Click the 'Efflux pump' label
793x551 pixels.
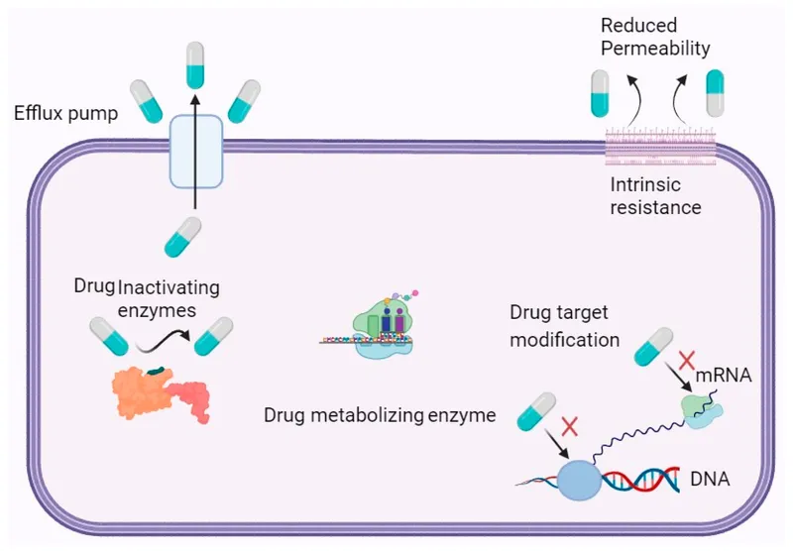tap(66, 113)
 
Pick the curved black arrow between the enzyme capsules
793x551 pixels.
tap(162, 343)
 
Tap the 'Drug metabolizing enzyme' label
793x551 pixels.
tap(380, 414)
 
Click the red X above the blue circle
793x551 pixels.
tap(568, 427)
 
